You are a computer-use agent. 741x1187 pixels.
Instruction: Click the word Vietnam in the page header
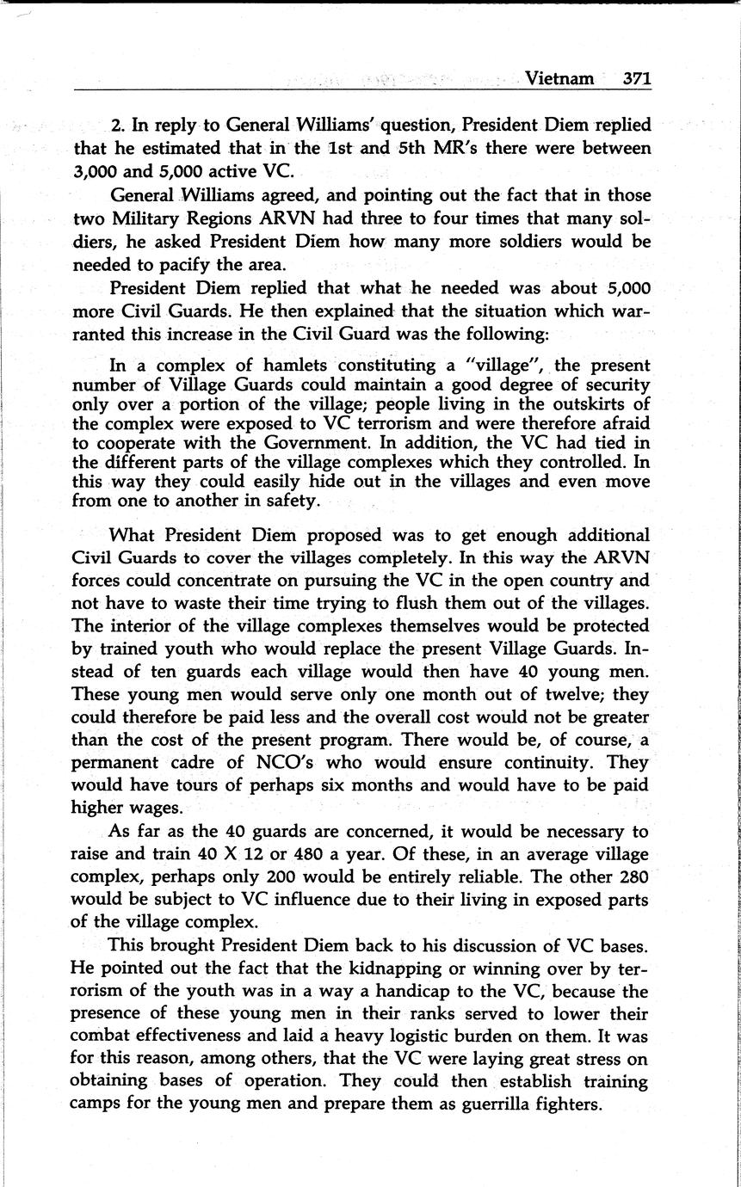[x=559, y=78]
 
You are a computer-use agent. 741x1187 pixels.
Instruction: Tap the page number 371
[x=637, y=78]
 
